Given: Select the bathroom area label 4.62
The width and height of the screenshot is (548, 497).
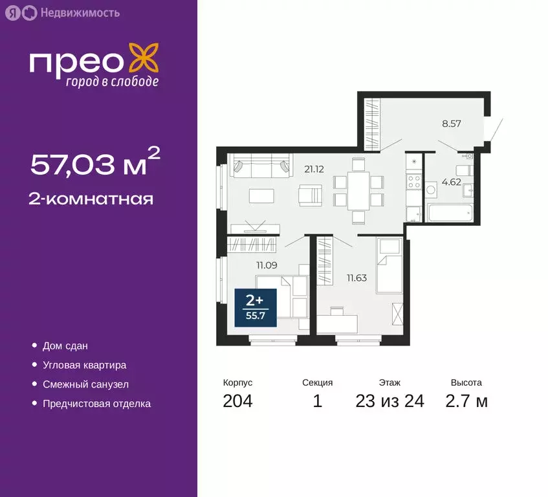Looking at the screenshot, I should coord(450,182).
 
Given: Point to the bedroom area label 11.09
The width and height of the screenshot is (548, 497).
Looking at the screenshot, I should coord(267,264).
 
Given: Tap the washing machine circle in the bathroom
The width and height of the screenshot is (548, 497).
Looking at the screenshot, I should coord(432,190).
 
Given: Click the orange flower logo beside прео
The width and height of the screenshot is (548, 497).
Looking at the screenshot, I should coord(144,58).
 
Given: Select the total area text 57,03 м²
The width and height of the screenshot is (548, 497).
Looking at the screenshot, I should coord(96,164).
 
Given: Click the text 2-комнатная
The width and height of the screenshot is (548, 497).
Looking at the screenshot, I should coord(91,199).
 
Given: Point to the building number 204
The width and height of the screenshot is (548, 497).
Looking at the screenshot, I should coord(237,401).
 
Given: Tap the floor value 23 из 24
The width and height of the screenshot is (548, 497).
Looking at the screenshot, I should coord(389,401).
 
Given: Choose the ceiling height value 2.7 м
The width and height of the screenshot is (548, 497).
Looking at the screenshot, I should coord(466,401).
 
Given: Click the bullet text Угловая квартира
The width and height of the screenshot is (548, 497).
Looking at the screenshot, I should coord(84,365).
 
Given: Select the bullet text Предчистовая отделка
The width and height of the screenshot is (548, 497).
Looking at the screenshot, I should coord(96,404).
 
